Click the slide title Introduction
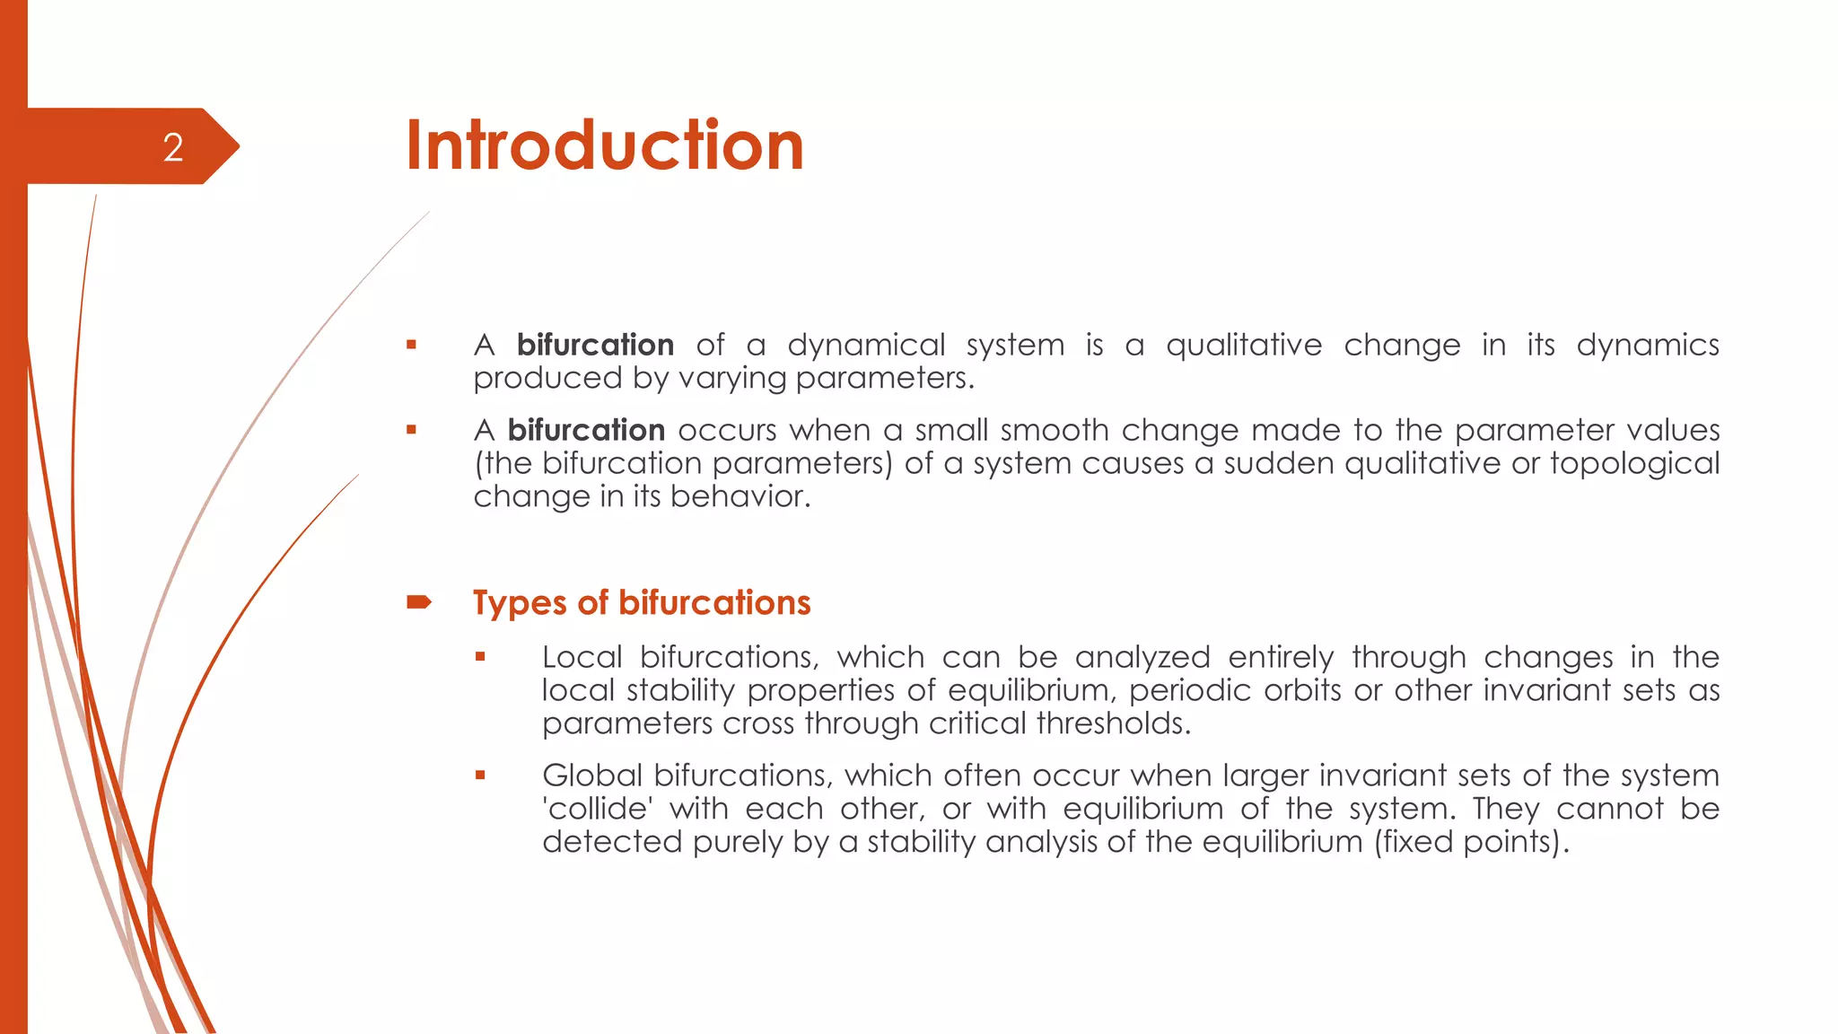point(604,145)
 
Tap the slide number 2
point(173,148)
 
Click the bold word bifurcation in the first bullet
point(595,346)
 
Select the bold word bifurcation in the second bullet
point(586,431)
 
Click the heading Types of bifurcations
point(642,603)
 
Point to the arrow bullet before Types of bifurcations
point(419,602)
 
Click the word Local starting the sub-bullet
point(582,658)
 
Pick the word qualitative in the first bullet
point(1244,346)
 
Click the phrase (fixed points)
point(1471,843)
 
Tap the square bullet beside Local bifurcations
point(480,657)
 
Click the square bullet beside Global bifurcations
point(480,775)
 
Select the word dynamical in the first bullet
point(866,346)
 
